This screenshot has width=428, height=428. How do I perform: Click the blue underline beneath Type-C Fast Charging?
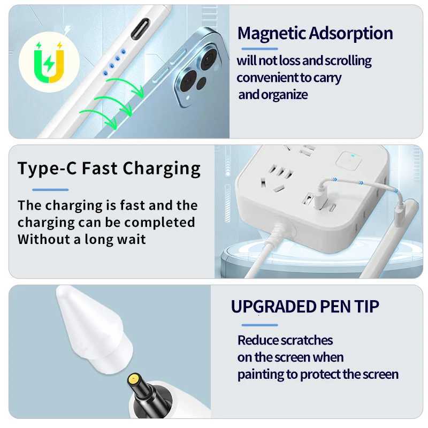[x=50, y=189]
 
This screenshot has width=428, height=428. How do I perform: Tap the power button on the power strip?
[x=347, y=159]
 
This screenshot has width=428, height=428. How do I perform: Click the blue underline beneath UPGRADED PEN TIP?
[x=259, y=325]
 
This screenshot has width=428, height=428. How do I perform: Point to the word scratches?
[x=307, y=340]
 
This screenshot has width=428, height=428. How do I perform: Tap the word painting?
[x=261, y=374]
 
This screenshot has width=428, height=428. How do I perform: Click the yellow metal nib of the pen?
[x=133, y=380]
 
